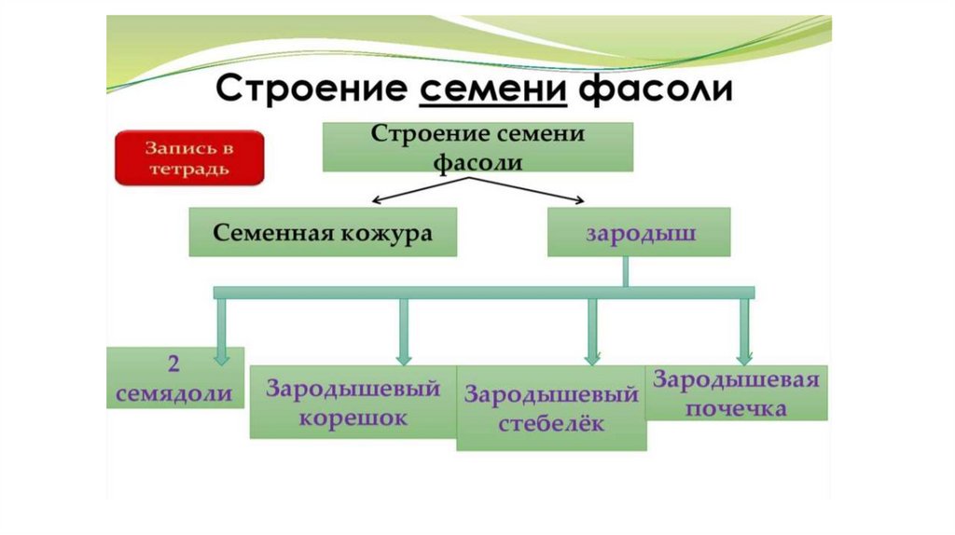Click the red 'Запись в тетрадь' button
tap(189, 158)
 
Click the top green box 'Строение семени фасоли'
tap(477, 146)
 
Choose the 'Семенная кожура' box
tap(323, 232)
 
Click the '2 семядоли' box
tap(174, 377)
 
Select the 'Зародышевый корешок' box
tap(353, 402)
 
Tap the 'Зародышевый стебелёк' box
tap(550, 408)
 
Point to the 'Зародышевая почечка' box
tap(736, 392)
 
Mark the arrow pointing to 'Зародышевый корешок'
tap(404, 331)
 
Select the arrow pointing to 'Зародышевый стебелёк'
tap(592, 331)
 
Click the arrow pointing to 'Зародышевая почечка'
tap(744, 331)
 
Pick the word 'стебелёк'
tap(551, 423)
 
